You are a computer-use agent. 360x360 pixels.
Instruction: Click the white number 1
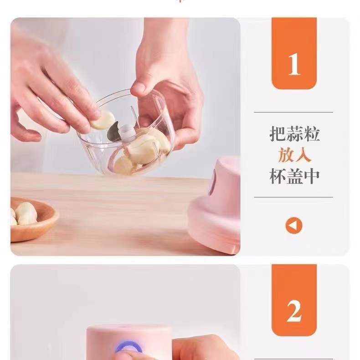coord(294,64)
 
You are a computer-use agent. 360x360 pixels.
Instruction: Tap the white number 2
coord(294,311)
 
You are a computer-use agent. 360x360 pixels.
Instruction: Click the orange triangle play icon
coord(293,226)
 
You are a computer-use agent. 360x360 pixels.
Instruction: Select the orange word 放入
coord(294,155)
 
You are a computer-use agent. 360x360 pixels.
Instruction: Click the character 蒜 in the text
coord(294,134)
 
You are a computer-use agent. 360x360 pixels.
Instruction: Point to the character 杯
coord(278,176)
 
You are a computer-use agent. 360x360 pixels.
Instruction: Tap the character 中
coord(312,176)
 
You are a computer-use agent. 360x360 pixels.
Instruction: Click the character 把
coord(278,134)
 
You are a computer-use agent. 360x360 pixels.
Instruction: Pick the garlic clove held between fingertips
coord(103,120)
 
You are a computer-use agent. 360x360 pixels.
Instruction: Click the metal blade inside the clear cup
coord(113,132)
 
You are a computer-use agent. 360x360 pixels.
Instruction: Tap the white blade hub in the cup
coord(126,133)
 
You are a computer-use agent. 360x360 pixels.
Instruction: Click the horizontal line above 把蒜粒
coord(293,112)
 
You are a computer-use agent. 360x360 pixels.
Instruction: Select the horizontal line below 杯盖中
coord(293,197)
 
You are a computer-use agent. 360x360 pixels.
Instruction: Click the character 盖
coord(294,176)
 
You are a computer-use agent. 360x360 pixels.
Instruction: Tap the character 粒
coord(312,134)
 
